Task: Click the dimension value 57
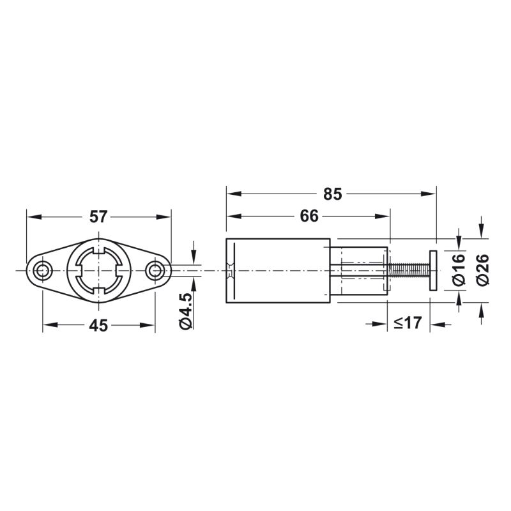(98, 217)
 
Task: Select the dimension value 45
(98, 325)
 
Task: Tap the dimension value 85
(332, 194)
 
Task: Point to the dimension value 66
(309, 216)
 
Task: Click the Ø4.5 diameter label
(185, 311)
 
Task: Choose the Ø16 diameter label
(459, 270)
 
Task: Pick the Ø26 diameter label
(483, 270)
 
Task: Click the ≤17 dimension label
(408, 323)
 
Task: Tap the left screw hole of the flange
(43, 270)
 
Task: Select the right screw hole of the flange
(155, 270)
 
